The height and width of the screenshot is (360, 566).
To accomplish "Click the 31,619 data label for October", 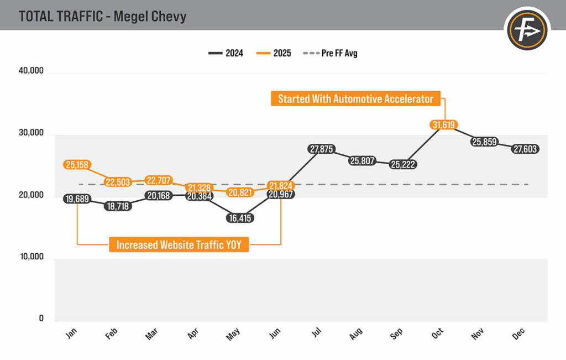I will pos(444,125).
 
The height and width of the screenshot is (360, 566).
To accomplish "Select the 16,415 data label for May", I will pos(239,218).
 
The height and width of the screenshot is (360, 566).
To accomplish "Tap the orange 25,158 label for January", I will pos(77,165).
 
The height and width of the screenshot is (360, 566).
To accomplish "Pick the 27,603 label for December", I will pos(525,149).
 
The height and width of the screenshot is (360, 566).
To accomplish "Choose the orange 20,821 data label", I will pos(239,192).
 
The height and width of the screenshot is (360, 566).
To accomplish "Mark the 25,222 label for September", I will pos(402,164).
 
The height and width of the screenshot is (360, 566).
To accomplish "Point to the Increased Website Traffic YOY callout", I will pos(179,245).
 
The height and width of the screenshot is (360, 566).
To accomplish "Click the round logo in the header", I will pos(527,29).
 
